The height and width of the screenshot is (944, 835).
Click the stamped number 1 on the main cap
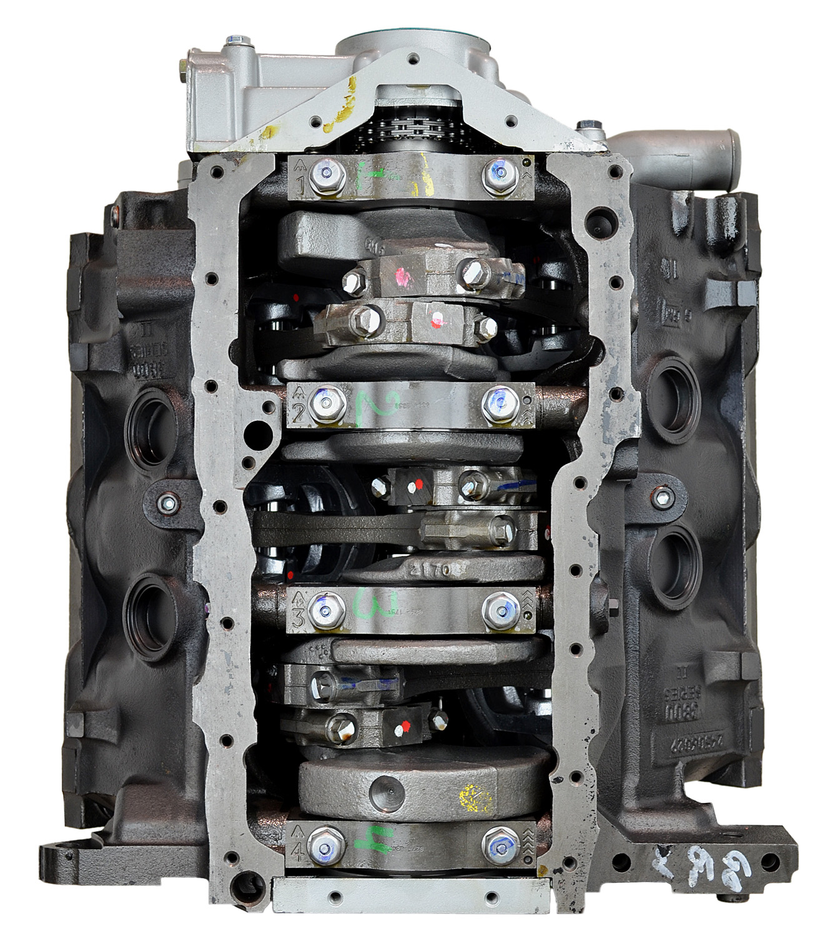[300, 186]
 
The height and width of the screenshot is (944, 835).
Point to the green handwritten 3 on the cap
[364, 604]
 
